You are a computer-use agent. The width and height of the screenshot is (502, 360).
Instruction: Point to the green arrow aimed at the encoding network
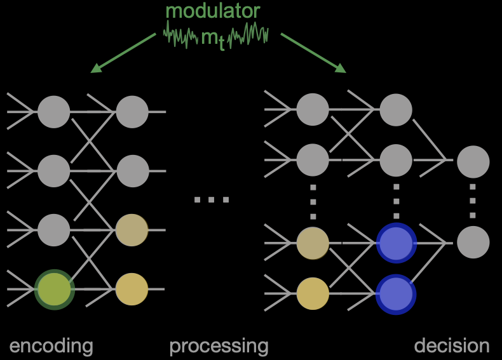(123, 52)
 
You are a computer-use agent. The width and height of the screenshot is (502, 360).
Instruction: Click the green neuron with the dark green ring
(54, 289)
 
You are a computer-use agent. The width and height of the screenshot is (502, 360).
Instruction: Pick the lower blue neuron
(396, 293)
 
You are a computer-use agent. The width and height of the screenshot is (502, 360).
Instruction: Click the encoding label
(51, 346)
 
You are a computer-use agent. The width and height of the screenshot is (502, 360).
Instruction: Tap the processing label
(219, 347)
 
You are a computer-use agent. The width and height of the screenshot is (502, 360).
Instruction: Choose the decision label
(452, 346)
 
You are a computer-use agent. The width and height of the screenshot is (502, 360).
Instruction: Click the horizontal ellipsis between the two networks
(212, 200)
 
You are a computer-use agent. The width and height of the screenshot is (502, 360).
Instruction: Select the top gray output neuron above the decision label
(473, 161)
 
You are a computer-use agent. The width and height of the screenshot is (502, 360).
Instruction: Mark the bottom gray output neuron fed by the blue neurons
(473, 242)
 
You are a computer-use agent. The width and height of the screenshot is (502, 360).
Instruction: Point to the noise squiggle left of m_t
(181, 35)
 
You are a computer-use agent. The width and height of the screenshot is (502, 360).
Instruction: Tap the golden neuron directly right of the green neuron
(132, 289)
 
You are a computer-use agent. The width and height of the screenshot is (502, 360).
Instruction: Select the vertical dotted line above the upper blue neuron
(396, 200)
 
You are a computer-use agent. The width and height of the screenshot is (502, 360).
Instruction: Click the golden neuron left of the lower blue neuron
(313, 293)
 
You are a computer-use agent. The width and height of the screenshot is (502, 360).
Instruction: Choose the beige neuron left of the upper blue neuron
(313, 242)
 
